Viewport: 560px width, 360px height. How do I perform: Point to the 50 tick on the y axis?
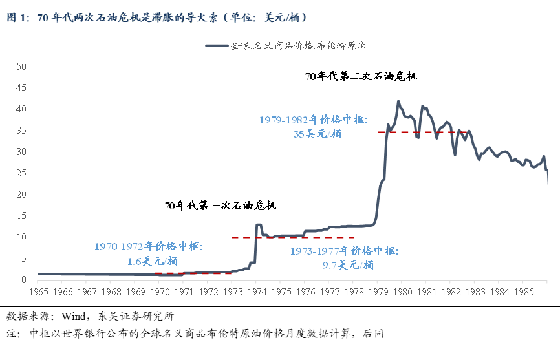tap(21, 66)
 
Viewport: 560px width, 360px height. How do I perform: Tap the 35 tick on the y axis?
tap(21, 130)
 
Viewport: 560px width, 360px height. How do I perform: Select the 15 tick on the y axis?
tap(21, 216)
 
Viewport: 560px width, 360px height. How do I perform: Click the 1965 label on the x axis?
tap(38, 292)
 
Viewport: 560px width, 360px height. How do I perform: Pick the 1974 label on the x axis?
tap(257, 292)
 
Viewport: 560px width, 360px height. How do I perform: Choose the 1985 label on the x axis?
tap(524, 292)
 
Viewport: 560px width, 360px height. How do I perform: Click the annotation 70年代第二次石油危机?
tap(361, 76)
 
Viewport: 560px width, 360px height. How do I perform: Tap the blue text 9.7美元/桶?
tap(348, 264)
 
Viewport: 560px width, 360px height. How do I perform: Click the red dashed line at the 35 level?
tap(420, 132)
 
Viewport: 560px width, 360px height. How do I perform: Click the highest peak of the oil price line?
tap(398, 101)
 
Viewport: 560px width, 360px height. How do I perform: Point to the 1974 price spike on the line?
tap(259, 225)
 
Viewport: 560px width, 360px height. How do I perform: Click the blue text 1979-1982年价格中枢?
tap(314, 120)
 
